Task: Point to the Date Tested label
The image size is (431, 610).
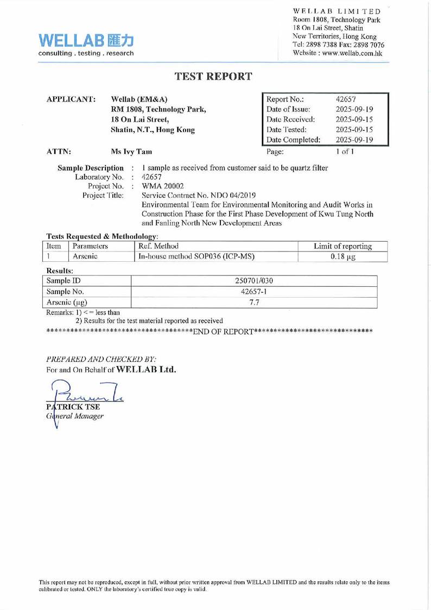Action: click(286, 129)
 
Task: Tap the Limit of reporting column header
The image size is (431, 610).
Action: click(343, 247)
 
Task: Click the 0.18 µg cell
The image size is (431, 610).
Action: click(343, 257)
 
